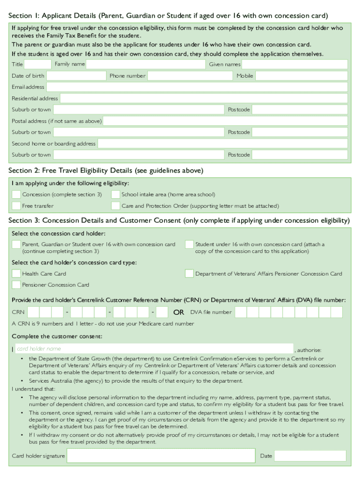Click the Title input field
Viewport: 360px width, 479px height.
tap(37, 64)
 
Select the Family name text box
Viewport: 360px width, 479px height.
tap(146, 64)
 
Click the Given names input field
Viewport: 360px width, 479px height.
tap(295, 64)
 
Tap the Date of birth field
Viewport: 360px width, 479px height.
tap(76, 76)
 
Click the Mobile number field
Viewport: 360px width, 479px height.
tap(301, 76)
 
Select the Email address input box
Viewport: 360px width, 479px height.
tap(197, 87)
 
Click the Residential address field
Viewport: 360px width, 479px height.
tap(204, 98)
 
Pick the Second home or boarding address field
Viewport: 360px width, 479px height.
tap(223, 144)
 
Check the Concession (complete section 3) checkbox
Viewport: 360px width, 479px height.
tap(16, 195)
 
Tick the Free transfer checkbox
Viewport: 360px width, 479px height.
tap(16, 206)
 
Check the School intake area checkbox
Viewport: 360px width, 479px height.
tap(115, 195)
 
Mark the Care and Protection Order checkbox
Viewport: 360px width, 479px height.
tap(115, 206)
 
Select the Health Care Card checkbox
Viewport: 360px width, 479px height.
tap(16, 274)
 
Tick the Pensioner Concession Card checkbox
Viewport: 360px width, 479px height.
tap(16, 285)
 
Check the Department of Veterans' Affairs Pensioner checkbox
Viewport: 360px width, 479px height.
tap(189, 274)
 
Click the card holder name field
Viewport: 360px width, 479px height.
tap(154, 348)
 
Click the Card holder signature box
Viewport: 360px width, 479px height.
tap(161, 456)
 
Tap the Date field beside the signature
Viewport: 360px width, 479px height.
tap(310, 456)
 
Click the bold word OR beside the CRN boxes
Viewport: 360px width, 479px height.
tap(179, 312)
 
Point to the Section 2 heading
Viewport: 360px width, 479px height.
tap(106, 170)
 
